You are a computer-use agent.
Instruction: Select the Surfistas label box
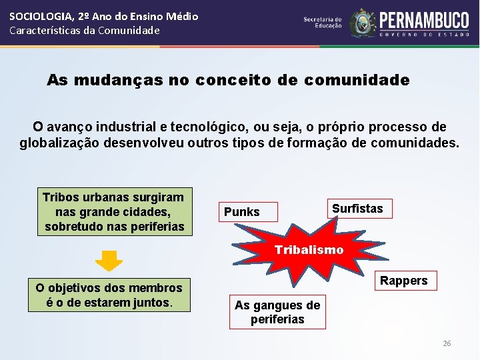tap(357, 209)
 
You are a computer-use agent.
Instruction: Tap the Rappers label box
tap(404, 281)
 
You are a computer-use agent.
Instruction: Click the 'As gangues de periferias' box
tap(277, 312)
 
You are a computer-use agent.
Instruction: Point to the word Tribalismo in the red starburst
tap(309, 250)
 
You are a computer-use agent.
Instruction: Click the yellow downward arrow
tap(109, 261)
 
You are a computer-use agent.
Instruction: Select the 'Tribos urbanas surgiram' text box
tap(113, 212)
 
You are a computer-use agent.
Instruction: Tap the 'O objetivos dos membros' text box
tap(109, 295)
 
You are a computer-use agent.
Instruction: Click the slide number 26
tap(447, 343)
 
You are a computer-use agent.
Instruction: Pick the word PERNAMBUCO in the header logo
tap(424, 19)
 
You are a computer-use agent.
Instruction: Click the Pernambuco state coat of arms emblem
tap(363, 23)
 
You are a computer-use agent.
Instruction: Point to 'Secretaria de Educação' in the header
tap(323, 23)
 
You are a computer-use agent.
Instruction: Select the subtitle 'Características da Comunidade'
tap(85, 30)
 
